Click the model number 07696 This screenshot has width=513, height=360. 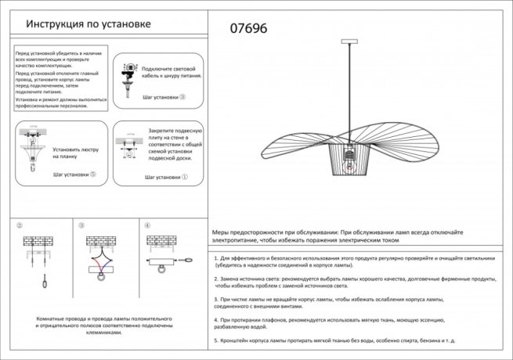click(x=248, y=28)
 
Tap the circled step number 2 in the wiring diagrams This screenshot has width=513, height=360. click(x=19, y=225)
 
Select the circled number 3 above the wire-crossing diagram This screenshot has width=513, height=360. click(x=81, y=225)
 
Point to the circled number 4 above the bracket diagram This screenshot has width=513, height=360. click(x=146, y=225)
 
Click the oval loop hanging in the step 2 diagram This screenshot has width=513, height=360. click(x=45, y=281)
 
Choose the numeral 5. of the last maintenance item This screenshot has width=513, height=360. click(x=216, y=341)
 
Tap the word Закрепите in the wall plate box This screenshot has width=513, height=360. click(x=164, y=130)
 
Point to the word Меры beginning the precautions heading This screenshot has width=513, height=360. click(x=222, y=233)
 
